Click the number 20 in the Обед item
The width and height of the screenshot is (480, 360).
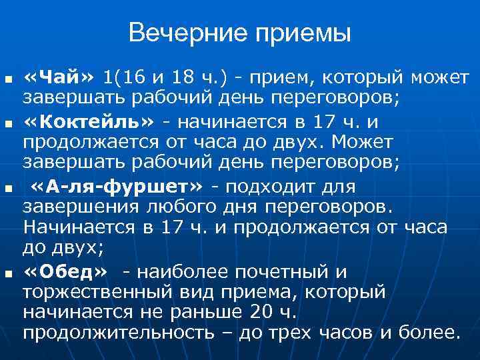coord(262,312)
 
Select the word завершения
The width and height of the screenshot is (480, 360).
coord(74,205)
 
